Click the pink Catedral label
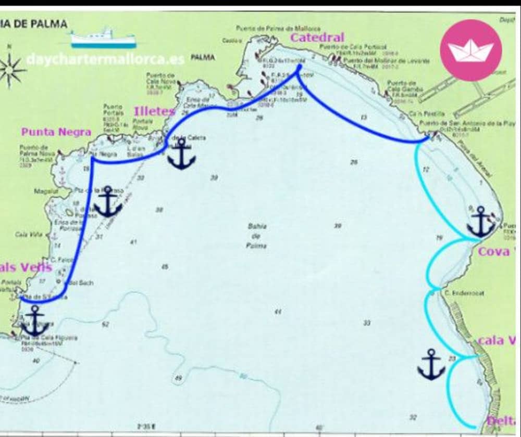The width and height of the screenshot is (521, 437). point(317,37)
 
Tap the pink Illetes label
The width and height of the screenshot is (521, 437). point(154,111)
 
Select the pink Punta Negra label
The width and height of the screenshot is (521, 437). point(56,132)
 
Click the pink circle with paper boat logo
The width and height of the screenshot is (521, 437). point(470,50)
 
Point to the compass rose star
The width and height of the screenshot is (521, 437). point(11,70)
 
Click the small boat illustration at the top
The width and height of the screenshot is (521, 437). point(103,38)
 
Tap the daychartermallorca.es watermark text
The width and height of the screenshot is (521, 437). point(105,59)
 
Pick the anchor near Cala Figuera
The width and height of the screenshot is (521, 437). point(35,320)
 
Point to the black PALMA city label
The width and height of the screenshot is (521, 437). point(202,57)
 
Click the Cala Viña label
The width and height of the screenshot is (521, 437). point(25,235)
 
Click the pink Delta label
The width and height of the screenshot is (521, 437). point(501,421)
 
